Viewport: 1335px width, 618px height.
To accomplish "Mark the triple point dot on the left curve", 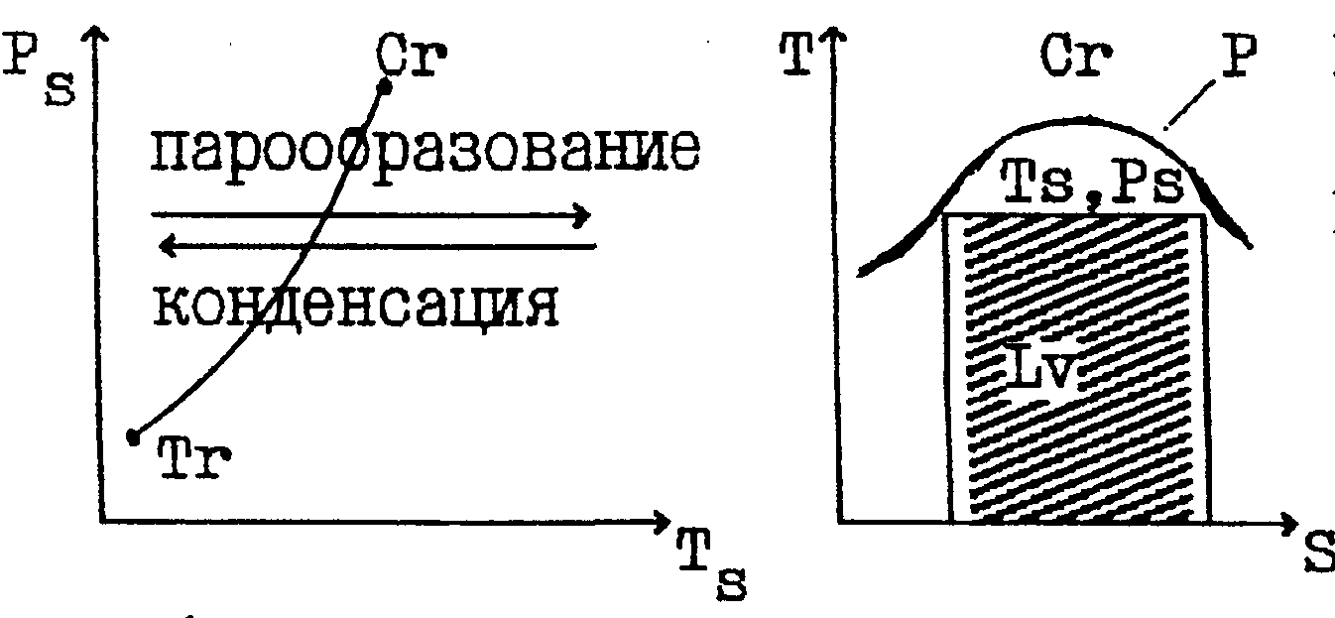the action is (132, 436).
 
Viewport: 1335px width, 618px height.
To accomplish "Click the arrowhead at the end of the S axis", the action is (1288, 522).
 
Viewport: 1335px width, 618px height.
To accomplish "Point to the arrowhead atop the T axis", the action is (837, 40).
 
